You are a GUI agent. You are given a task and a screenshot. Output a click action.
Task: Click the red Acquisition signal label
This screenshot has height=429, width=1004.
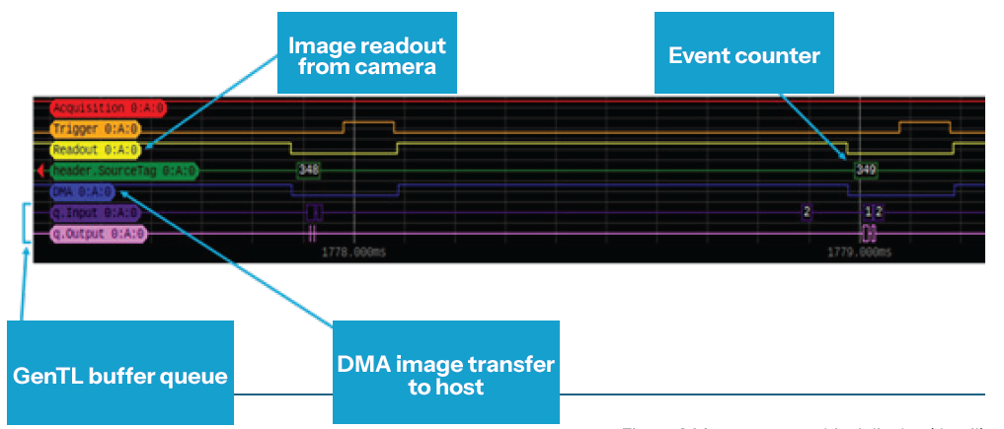89,107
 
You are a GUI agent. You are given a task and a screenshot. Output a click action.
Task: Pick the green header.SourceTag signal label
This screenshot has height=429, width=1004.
123,172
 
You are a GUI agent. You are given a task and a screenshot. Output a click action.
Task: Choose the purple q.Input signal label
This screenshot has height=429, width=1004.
95,212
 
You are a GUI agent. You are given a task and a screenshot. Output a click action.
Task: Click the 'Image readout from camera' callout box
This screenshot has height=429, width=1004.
366,55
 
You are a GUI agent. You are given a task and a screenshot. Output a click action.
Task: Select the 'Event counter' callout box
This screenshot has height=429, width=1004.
744,54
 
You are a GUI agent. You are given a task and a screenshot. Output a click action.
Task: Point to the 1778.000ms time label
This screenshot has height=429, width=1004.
351,252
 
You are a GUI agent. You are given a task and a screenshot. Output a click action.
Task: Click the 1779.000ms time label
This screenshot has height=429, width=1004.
859,252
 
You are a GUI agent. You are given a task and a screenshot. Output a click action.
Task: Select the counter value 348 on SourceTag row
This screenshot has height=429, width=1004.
308,170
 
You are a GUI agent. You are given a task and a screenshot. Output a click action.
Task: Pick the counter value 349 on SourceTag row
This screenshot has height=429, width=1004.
865,170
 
